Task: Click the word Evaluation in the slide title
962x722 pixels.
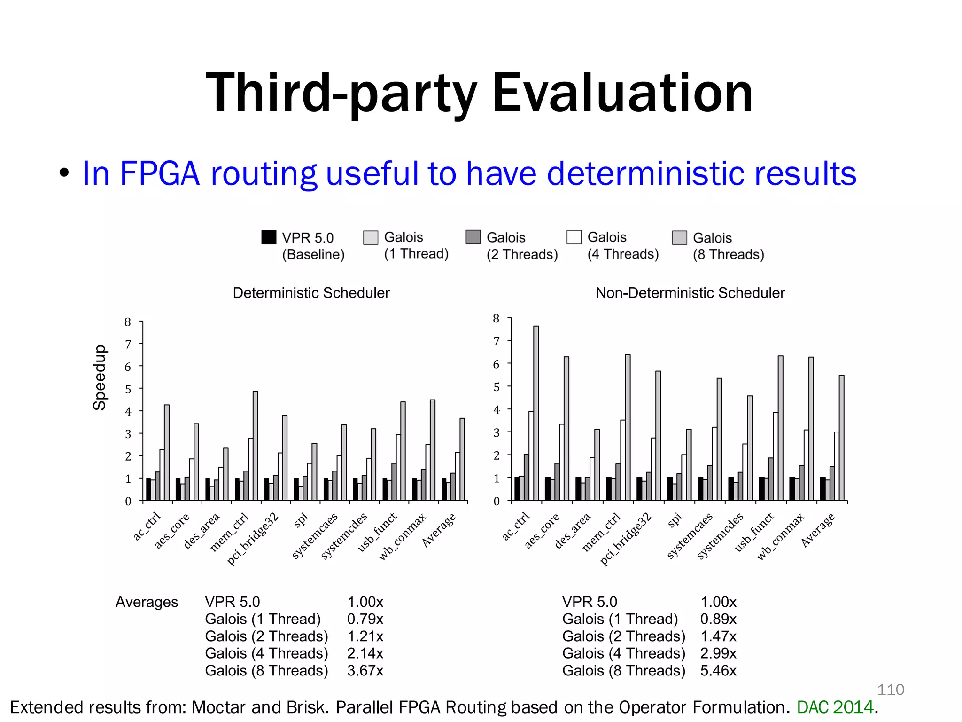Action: coord(622,93)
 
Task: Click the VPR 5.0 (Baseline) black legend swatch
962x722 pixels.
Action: coord(269,237)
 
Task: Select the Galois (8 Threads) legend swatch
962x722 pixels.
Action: coord(679,238)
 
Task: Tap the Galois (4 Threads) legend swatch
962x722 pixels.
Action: coord(574,237)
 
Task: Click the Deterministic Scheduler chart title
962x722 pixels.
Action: coord(311,293)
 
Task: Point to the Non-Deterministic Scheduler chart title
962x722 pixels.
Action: coord(690,293)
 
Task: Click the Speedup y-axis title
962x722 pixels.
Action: coord(100,377)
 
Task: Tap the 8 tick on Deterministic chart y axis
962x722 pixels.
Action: coord(128,322)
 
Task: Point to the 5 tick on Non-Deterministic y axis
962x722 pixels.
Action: coord(497,387)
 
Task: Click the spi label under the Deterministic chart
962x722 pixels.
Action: coord(301,520)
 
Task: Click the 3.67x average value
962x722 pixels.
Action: coord(365,670)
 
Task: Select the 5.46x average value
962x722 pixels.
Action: coord(718,670)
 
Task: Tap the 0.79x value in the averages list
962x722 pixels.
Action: coord(365,619)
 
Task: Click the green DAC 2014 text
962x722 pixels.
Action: coord(835,707)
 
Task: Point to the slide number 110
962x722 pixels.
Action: coord(890,690)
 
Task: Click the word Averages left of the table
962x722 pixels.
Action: coord(147,602)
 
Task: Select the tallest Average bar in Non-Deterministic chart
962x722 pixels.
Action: coord(841,437)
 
